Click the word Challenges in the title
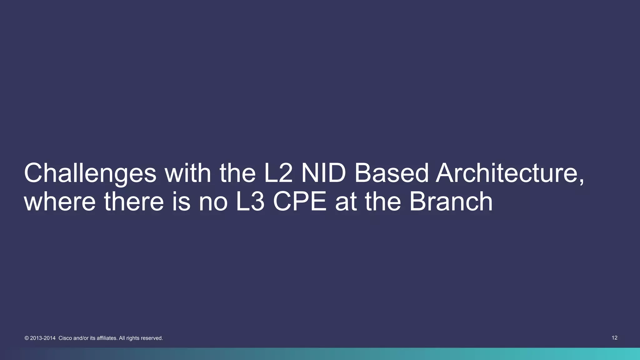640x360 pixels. tap(90, 174)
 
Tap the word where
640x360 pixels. tap(60, 202)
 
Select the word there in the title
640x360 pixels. tap(134, 202)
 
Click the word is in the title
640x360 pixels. tap(181, 202)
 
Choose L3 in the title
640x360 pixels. tap(250, 202)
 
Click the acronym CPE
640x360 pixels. tap(300, 202)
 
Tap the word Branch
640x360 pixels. tap(451, 202)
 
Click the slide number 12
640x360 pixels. tap(614, 338)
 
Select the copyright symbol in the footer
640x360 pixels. tap(27, 338)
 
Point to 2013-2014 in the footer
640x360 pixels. tap(43, 338)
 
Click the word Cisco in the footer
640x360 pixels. tap(65, 338)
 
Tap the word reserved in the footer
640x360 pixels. tap(152, 338)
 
